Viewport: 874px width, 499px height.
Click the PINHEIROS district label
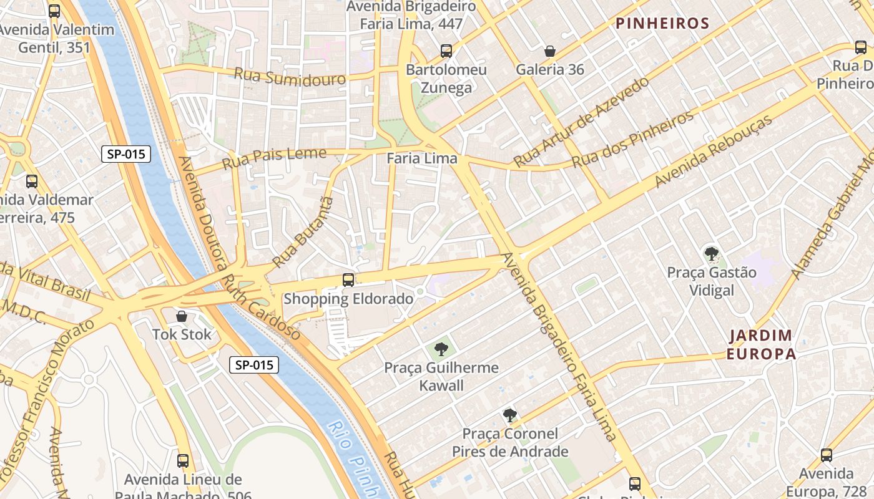[x=662, y=24]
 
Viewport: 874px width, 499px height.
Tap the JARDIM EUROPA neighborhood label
[x=761, y=345]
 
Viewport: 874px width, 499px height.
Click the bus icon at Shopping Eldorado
[x=348, y=280]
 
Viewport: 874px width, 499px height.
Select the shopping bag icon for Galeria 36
[x=550, y=51]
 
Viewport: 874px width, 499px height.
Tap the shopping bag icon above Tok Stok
[x=182, y=317]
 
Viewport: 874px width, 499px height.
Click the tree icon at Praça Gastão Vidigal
[x=711, y=254]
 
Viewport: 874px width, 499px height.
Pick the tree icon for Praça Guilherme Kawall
[x=441, y=349]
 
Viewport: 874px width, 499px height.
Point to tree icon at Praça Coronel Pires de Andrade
[x=510, y=415]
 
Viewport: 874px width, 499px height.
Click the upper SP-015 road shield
[x=126, y=154]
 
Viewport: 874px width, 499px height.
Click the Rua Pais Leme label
[x=274, y=158]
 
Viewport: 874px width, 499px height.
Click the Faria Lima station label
[x=422, y=158]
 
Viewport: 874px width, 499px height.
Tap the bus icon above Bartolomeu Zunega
[x=446, y=51]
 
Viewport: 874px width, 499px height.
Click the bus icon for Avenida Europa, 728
[x=827, y=455]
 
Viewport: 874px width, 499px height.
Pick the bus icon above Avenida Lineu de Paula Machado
[x=183, y=461]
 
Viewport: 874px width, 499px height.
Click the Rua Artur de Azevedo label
[x=581, y=122]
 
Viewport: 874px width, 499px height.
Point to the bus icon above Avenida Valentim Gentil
[x=54, y=11]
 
